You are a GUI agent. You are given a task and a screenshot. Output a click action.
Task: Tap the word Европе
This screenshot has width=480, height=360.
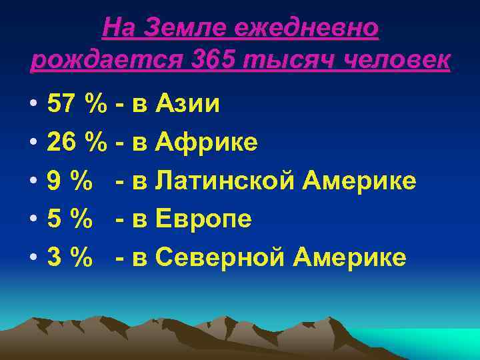pos(204,219)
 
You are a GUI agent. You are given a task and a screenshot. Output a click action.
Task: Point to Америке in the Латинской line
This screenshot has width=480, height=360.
pos(359,181)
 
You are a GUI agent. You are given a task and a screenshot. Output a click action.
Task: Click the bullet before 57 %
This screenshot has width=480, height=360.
pos(33,105)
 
